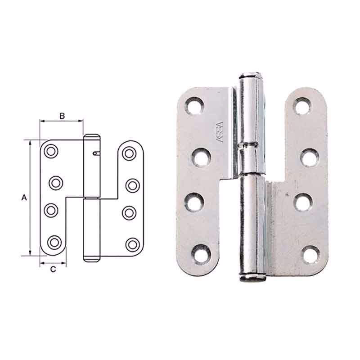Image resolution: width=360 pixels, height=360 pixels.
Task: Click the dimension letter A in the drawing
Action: point(24,197)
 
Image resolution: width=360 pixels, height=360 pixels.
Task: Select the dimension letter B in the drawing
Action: point(62,116)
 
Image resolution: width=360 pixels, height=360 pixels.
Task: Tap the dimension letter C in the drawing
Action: point(53,270)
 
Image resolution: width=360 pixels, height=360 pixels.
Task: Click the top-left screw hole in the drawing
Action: point(51,151)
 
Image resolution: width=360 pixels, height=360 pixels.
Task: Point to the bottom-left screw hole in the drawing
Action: point(54,242)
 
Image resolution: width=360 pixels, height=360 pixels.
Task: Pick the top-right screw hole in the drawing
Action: point(129,153)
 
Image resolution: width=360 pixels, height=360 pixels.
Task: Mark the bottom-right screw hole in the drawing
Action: point(132,244)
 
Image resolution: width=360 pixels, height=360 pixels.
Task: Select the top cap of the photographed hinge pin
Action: point(251,75)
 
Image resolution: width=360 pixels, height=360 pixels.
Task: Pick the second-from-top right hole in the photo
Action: point(310,157)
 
